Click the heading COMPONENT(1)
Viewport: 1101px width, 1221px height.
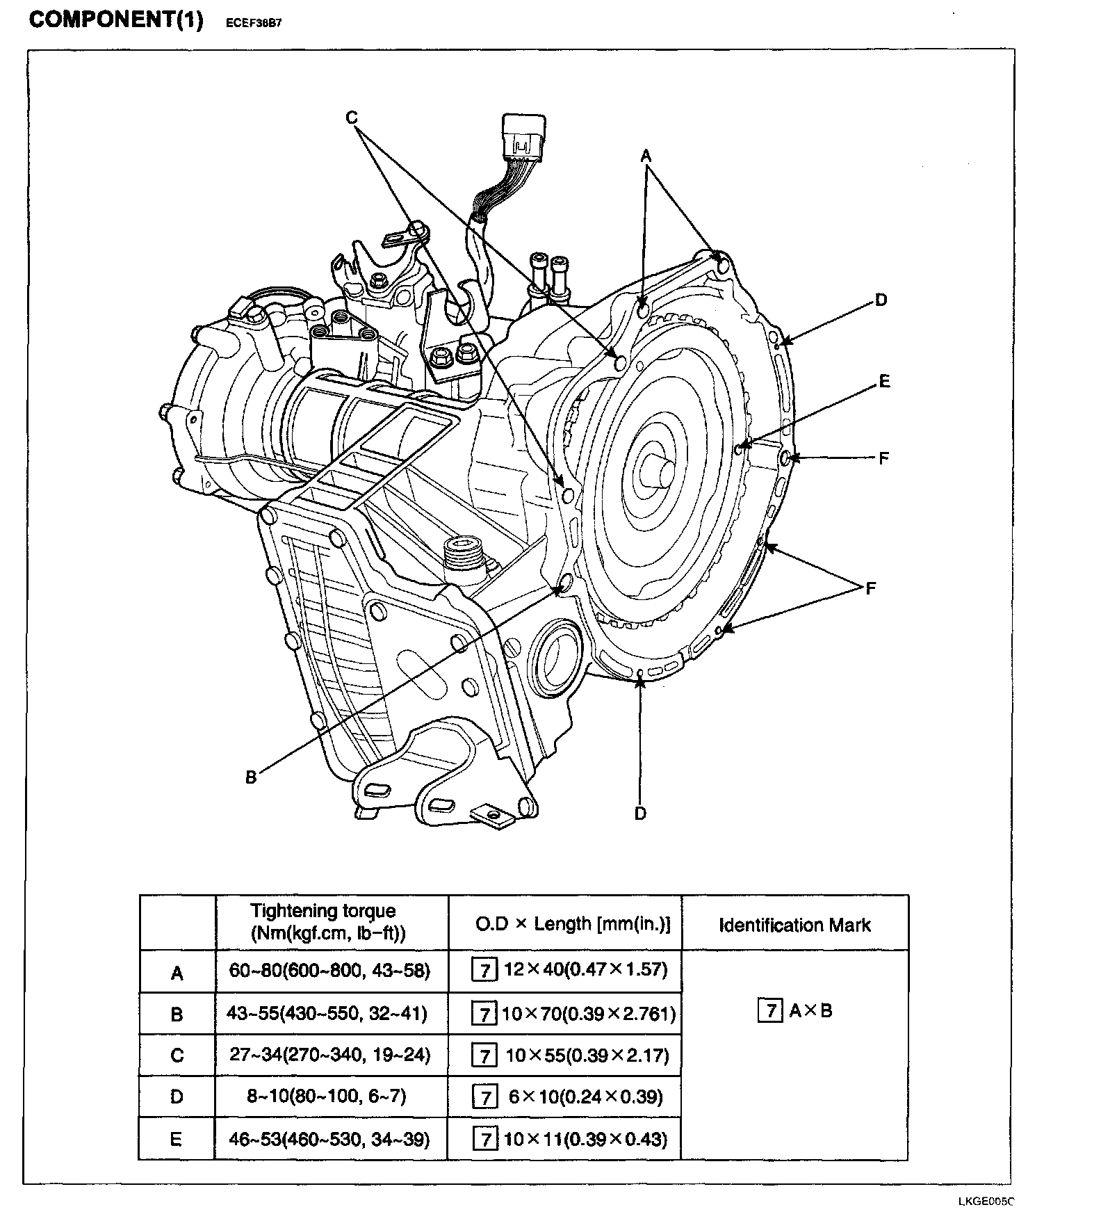(x=116, y=19)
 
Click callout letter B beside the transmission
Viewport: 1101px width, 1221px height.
(x=251, y=777)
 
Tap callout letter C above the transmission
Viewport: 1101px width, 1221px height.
(x=352, y=118)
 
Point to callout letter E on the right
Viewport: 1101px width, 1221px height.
(x=884, y=381)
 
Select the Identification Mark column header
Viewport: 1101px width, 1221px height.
(x=794, y=925)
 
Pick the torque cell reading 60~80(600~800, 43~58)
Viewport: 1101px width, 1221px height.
(x=329, y=970)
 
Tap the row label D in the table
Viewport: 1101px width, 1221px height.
(x=177, y=1097)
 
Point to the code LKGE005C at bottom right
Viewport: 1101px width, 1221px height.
(x=986, y=1201)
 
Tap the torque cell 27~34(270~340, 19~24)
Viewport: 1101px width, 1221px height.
(x=329, y=1055)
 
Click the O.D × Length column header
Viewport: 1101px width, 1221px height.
(x=573, y=924)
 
